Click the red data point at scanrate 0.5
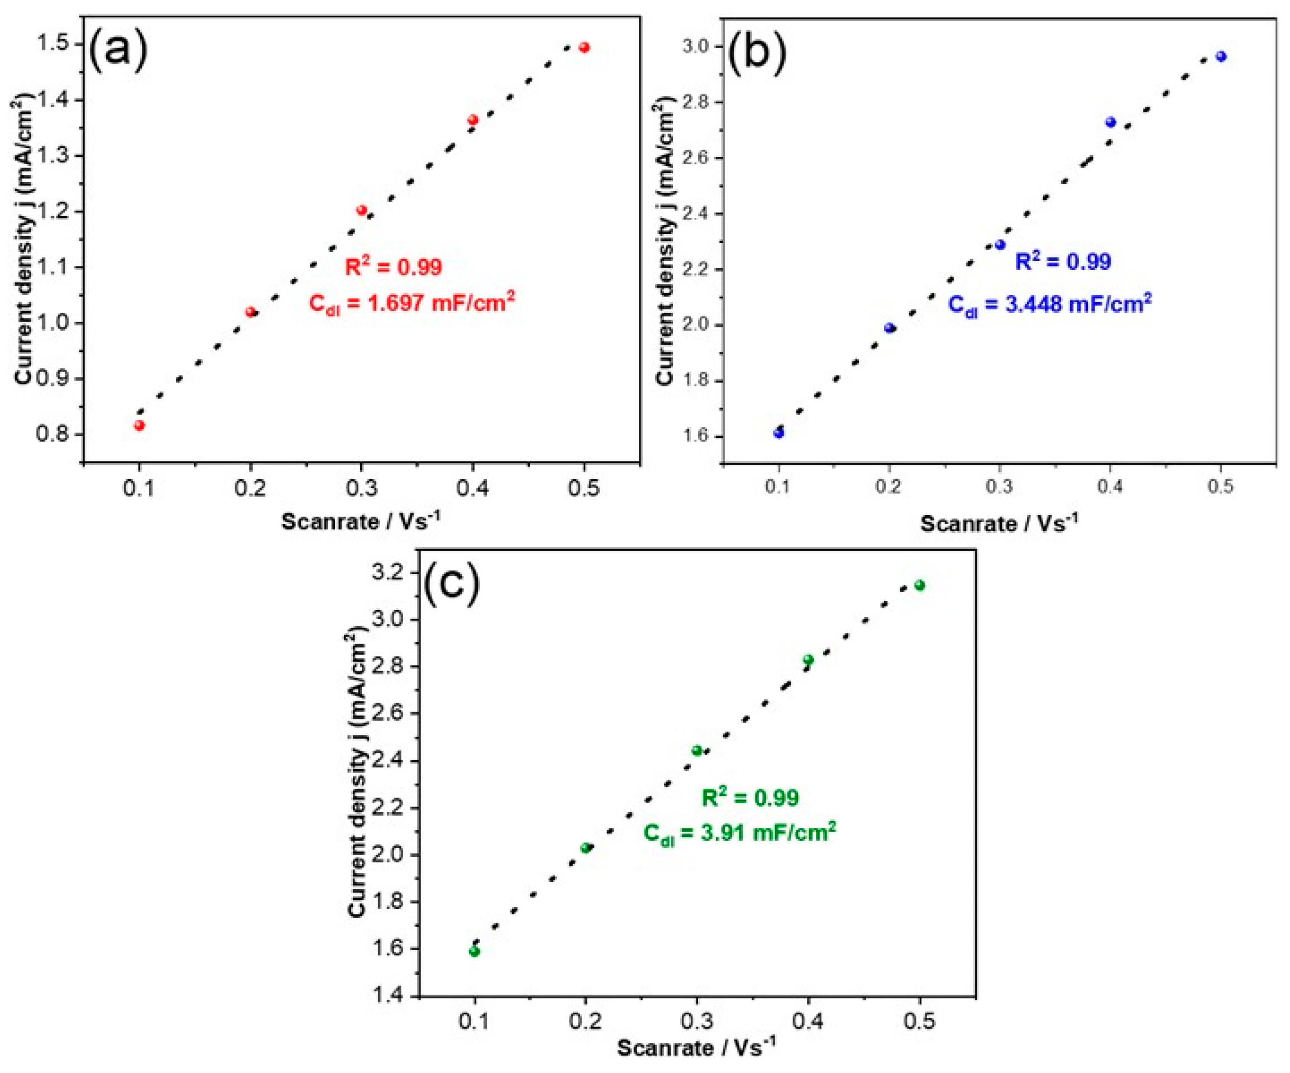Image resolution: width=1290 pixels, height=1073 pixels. (584, 47)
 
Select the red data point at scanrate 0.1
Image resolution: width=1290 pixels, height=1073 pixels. (140, 425)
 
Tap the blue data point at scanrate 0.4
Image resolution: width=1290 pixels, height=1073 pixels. (1111, 122)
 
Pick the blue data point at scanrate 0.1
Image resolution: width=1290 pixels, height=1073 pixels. (779, 433)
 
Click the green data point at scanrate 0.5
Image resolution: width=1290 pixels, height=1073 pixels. (920, 585)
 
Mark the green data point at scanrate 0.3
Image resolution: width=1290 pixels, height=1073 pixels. (697, 750)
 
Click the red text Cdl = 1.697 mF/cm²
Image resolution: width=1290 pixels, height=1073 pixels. (412, 303)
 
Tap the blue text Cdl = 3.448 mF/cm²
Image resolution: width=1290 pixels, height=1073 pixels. (1050, 304)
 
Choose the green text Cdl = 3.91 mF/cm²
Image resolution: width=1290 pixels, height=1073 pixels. (739, 833)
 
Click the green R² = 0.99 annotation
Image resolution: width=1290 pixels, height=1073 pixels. (750, 798)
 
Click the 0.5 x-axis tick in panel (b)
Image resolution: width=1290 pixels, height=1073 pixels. (1221, 487)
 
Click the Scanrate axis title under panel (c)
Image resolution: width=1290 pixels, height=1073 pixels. (696, 1047)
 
